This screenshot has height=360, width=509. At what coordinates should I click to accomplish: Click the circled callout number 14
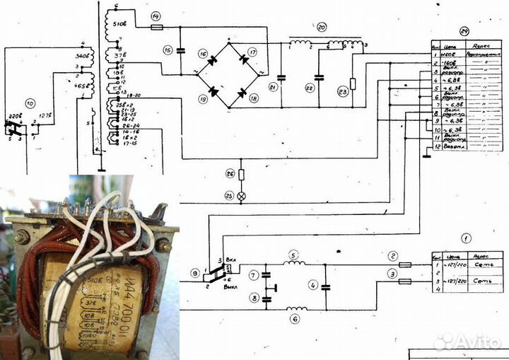[x=155, y=15]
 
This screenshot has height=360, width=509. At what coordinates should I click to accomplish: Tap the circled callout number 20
[x=322, y=28]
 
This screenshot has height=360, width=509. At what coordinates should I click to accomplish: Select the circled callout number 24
[x=464, y=31]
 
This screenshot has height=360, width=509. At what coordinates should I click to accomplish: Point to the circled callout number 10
[x=29, y=103]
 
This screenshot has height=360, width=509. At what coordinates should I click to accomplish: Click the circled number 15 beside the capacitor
[x=168, y=50]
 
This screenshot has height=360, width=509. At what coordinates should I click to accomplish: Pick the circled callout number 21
[x=273, y=86]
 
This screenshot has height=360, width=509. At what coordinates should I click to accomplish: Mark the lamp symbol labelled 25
[x=241, y=196]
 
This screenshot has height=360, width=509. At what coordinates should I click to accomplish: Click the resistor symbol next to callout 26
[x=241, y=174]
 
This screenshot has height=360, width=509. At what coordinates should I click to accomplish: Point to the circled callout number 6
[x=295, y=318]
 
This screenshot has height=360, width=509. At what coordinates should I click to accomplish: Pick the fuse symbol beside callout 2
[x=406, y=265]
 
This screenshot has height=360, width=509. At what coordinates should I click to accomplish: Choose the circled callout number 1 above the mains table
[x=465, y=240]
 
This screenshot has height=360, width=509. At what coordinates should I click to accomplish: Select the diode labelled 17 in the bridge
[x=244, y=60]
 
